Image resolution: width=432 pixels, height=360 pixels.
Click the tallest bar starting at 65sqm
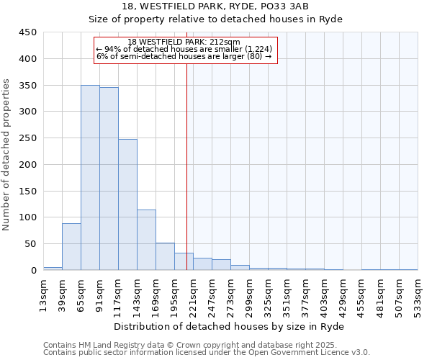click(90, 178)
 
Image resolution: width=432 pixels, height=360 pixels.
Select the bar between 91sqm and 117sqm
click(109, 179)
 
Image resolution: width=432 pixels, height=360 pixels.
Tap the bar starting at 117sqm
click(127, 204)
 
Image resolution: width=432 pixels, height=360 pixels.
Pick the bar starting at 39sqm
click(71, 247)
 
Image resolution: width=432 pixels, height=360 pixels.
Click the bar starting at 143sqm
click(146, 240)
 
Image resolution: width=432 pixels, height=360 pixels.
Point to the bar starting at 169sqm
click(165, 256)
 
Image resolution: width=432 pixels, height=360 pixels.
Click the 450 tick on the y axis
click(28, 32)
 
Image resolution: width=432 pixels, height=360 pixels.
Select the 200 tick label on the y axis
click(28, 164)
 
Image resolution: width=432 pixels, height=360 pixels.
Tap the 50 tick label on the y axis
click(31, 244)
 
